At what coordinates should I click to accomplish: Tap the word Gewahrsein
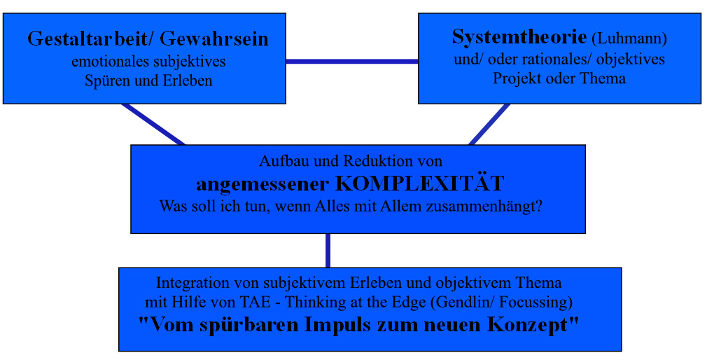tap(214, 39)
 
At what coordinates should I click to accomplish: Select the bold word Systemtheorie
tap(519, 37)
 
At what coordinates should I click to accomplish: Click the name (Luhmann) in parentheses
tap(629, 39)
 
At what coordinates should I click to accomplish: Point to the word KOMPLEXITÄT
tap(420, 184)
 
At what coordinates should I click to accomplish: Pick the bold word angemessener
tap(264, 185)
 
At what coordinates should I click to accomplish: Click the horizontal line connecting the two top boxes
tap(352, 62)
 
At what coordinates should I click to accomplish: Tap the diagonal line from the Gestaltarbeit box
tap(153, 125)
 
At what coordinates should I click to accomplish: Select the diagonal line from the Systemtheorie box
tap(489, 125)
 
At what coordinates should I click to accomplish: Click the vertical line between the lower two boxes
tap(328, 250)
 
